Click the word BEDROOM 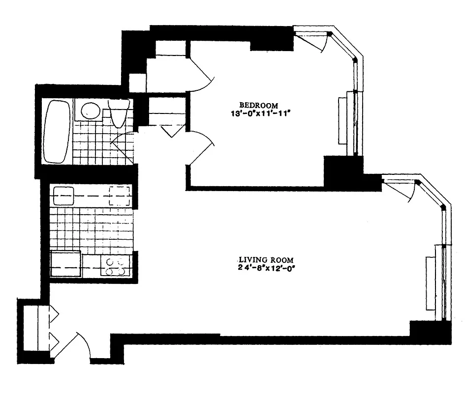coord(258,105)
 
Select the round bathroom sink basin coord(89,110)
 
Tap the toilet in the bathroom coord(119,114)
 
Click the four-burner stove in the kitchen coord(114,266)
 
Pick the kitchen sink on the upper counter coord(63,196)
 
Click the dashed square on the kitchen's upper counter coord(120,196)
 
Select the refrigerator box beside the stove coord(65,264)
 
